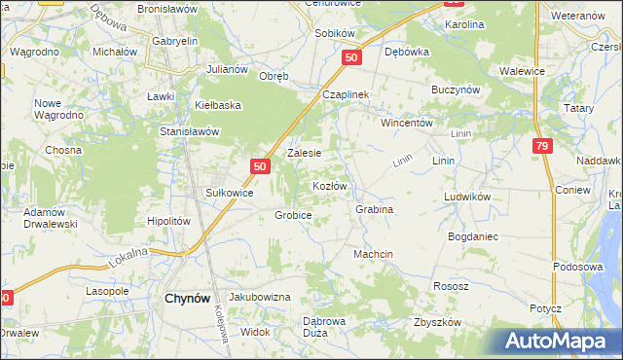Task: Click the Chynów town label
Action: (x=184, y=300)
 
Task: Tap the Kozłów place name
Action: (x=328, y=185)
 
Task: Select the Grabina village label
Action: (x=374, y=209)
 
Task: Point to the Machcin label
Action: (x=373, y=254)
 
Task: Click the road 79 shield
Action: (x=543, y=145)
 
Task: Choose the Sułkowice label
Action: (x=229, y=193)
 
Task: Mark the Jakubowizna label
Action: (x=259, y=296)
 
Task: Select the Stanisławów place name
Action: (x=191, y=131)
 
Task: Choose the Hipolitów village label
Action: (x=167, y=221)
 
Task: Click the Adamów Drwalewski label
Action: (x=51, y=218)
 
